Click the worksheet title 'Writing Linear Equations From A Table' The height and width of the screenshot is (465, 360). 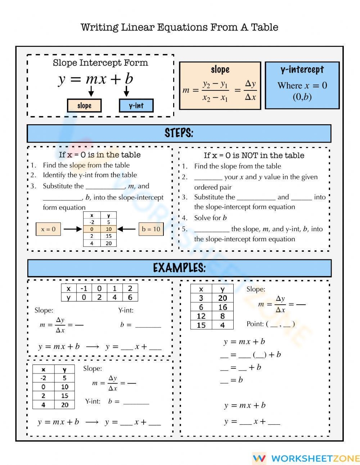point(179,27)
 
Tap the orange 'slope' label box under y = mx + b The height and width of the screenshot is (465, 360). point(84,106)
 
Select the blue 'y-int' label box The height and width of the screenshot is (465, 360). point(136,106)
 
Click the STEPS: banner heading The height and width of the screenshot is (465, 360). point(179,133)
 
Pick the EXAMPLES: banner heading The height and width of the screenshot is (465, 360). point(179,268)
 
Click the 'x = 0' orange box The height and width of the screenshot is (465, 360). point(49,229)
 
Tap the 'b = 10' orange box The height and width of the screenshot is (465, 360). point(151,229)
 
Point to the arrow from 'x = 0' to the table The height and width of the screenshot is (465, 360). point(73,229)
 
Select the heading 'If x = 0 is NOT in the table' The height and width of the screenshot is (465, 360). point(254,156)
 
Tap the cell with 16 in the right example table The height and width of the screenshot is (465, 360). point(222,307)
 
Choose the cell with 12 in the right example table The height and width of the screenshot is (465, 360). point(201,316)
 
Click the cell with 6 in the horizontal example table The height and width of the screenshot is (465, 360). point(130,297)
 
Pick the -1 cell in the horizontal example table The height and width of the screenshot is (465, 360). point(84,289)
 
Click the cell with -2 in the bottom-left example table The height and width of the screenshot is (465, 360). point(43,378)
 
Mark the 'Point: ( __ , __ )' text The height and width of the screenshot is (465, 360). point(271,324)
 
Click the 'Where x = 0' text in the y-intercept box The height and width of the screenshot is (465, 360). point(302,86)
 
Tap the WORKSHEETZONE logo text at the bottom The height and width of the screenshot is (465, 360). point(315,458)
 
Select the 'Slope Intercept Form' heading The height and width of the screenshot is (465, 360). point(100,63)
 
